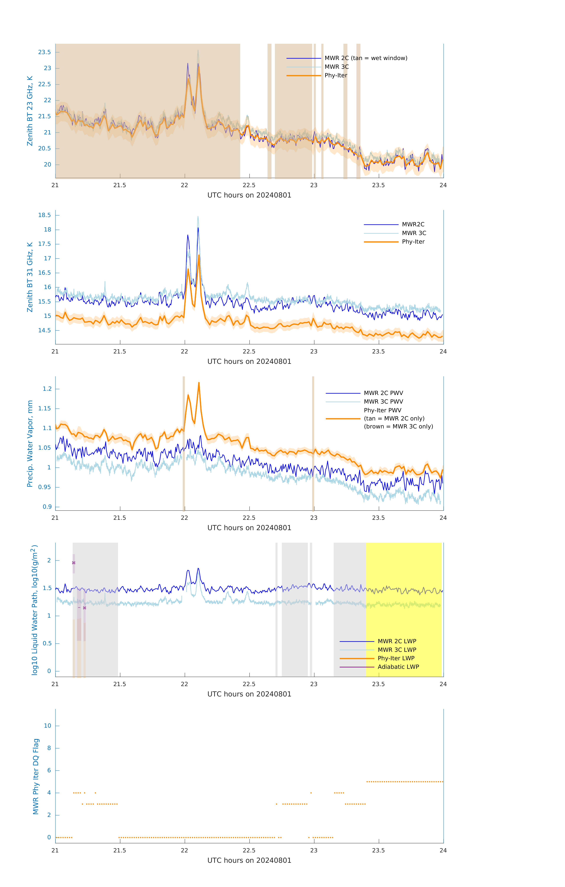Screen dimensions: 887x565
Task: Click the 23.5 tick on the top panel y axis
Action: tap(45, 52)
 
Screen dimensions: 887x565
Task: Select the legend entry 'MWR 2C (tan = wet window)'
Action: tap(365, 58)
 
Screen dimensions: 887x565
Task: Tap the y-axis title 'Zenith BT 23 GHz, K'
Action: tap(30, 111)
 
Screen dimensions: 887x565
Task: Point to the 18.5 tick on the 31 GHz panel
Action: tap(45, 215)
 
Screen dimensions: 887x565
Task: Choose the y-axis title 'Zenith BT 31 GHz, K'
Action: tap(30, 277)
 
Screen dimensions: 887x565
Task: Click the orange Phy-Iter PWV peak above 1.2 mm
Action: tap(199, 383)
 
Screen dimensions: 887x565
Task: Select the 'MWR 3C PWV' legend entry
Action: tap(383, 402)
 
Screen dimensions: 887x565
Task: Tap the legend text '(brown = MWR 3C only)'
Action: tap(398, 426)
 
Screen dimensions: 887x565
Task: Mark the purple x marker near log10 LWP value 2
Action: tap(74, 563)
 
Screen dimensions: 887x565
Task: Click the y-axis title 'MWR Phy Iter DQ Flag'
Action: tap(36, 776)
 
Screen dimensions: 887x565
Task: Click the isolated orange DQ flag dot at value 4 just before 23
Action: tap(311, 793)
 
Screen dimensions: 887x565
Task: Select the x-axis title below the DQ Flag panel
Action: tap(249, 861)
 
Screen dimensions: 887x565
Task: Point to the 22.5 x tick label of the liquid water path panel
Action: tap(249, 684)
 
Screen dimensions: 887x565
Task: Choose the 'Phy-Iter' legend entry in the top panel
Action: tap(336, 76)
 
